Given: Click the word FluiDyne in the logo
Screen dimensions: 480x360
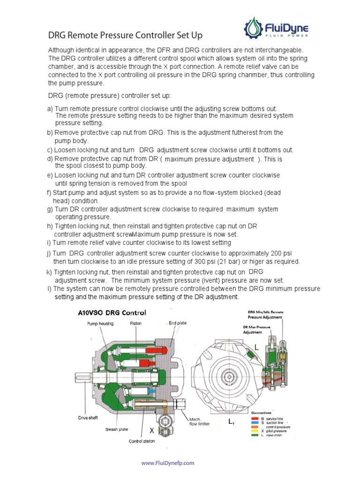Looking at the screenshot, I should click(292, 26).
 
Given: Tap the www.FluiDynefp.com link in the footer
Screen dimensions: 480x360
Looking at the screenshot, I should click(167, 463).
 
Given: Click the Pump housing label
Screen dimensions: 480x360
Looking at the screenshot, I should click(99, 323).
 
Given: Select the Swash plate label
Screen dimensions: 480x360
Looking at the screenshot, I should click(114, 429).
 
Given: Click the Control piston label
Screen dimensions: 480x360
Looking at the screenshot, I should click(142, 441).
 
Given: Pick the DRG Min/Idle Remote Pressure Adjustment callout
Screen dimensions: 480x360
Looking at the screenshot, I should click(265, 315).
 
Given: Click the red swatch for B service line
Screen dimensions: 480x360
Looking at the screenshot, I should click(255, 419).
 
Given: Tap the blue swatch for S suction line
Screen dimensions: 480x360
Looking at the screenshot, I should click(255, 423).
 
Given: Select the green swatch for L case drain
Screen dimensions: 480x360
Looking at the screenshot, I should click(255, 435).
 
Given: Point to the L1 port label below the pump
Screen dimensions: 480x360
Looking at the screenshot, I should click(231, 422).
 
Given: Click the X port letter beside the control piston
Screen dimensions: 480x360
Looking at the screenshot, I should click(152, 429).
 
